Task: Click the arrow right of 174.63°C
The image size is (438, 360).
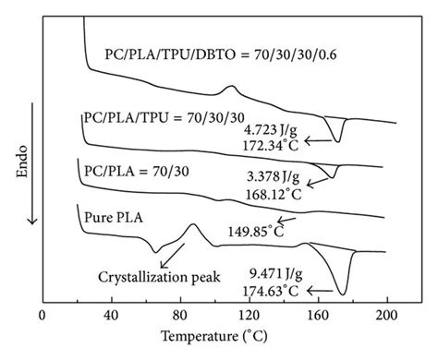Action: pyautogui.click(x=320, y=289)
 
